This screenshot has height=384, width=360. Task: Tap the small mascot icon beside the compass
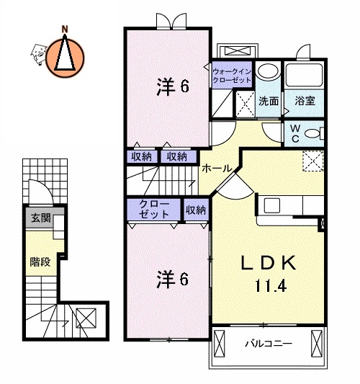point(37,50)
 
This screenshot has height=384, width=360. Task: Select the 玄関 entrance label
point(40,218)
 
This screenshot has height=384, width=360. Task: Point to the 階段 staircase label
point(40,262)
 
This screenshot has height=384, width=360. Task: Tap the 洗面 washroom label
point(269,102)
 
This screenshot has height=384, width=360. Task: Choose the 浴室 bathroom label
point(305,102)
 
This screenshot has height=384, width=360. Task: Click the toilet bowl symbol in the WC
point(312,133)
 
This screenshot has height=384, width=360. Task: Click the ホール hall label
point(217,168)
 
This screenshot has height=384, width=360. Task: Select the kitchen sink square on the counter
point(272,205)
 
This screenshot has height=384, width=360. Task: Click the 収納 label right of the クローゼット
point(195,210)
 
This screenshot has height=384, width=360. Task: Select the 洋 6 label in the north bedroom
point(173,88)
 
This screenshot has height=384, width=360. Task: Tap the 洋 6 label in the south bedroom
point(173,280)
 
